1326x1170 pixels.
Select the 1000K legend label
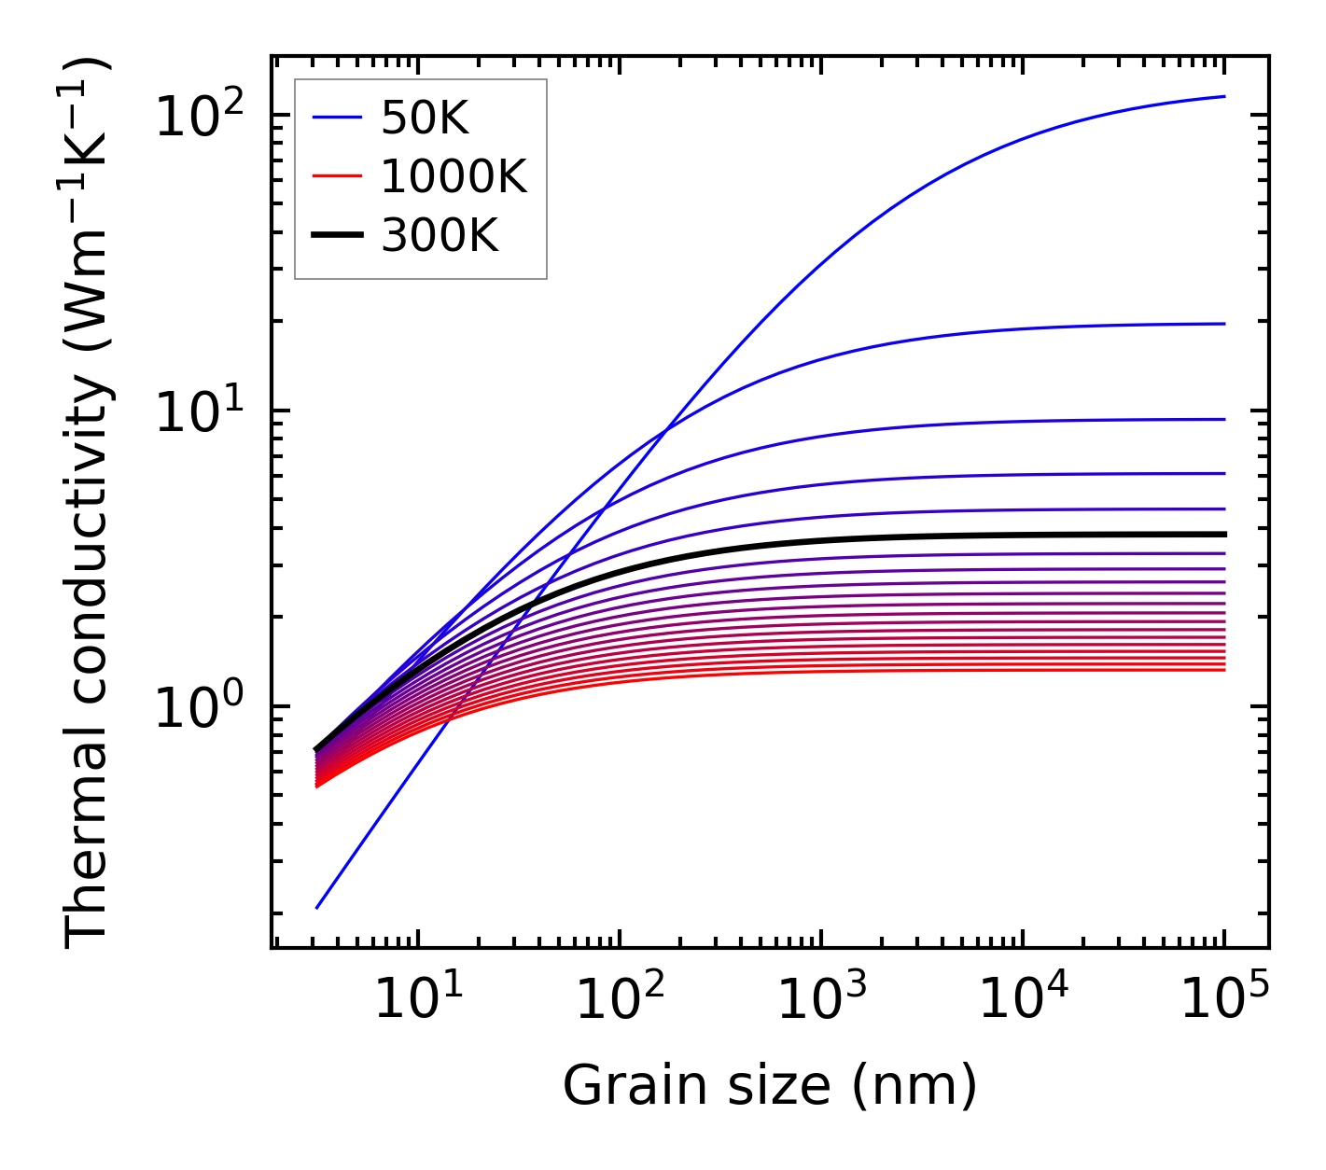(454, 176)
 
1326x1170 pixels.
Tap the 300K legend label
(440, 236)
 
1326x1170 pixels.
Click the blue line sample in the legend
(336, 118)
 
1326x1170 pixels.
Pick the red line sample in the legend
(336, 176)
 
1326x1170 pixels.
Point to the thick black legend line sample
(336, 236)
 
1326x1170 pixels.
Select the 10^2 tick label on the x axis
(620, 999)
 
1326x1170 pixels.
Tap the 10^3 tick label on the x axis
(821, 999)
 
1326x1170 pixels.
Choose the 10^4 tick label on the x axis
(1023, 999)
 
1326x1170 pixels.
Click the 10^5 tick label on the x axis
(1224, 999)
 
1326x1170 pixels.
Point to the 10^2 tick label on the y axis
(198, 118)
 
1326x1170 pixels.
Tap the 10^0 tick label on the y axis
(198, 708)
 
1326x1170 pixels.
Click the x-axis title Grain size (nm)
(770, 1086)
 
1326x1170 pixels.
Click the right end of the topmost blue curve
(1223, 96)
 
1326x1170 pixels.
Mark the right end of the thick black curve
(1223, 535)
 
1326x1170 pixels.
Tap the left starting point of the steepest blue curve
(317, 908)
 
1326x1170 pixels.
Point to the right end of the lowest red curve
(1223, 670)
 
